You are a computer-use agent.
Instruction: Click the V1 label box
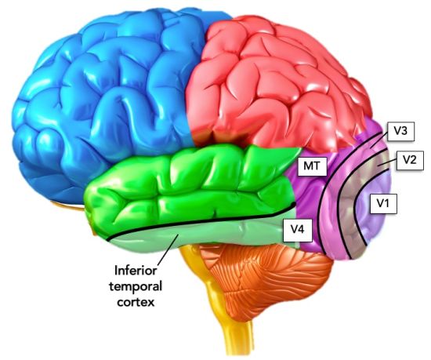pos(383,203)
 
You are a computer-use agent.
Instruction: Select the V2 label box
pos(410,160)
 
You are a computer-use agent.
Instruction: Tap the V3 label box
pos(400,131)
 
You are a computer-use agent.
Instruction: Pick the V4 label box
pos(298,229)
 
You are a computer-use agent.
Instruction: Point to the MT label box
pos(312,165)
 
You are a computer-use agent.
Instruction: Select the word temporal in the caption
pos(136,286)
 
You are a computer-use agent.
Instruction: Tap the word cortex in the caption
pos(136,303)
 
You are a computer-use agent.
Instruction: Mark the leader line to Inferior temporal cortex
pos(168,250)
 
